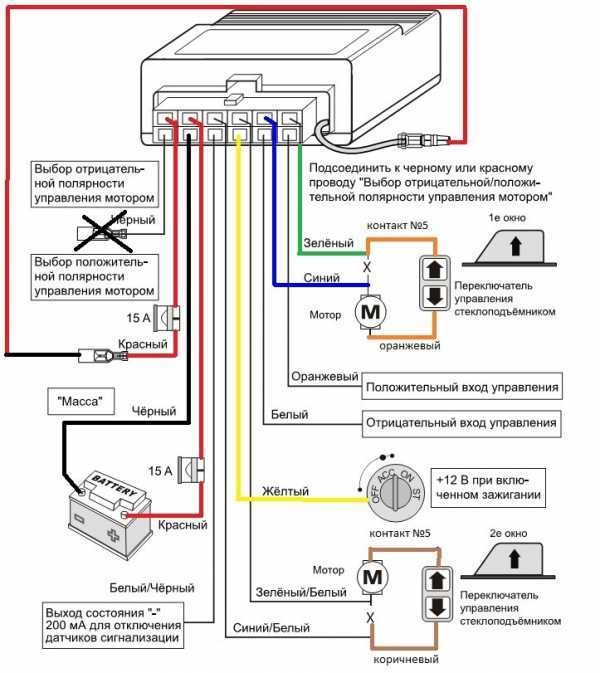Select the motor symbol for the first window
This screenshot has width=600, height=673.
(x=370, y=312)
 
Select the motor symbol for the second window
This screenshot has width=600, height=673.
(x=373, y=577)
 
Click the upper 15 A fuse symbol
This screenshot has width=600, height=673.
(x=167, y=318)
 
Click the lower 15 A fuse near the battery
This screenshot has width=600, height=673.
(x=191, y=470)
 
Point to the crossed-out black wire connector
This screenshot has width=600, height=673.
(x=102, y=233)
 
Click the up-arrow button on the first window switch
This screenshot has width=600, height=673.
(x=435, y=269)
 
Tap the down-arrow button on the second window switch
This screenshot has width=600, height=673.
(x=437, y=607)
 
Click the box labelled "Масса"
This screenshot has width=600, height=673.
(x=81, y=401)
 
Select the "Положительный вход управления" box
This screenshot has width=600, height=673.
(x=462, y=387)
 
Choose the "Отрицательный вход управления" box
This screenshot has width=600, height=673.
(x=461, y=423)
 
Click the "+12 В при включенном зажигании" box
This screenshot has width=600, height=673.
(x=488, y=487)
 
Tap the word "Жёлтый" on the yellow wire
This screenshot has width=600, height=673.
(x=285, y=491)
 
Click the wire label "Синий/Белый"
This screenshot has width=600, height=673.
(x=271, y=628)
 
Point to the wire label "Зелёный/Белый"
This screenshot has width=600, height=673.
(x=301, y=592)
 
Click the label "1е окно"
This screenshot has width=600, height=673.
(x=507, y=218)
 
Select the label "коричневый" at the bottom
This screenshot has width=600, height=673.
(x=406, y=659)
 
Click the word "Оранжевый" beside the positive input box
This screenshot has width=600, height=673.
(x=324, y=376)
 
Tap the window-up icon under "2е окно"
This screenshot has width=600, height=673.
(x=508, y=560)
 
